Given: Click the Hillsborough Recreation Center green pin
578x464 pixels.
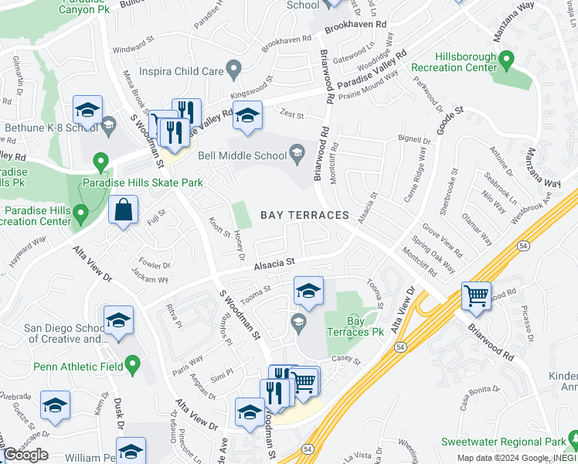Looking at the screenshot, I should click(x=506, y=59).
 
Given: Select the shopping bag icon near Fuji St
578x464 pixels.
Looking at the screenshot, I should click(x=124, y=210).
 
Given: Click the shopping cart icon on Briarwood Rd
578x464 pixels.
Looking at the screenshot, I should click(x=476, y=295).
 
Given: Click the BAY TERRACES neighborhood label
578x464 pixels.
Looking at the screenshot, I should click(x=304, y=214).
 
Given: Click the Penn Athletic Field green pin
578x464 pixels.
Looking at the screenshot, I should click(x=132, y=362).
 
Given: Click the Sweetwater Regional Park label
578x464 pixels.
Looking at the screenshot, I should click(x=502, y=442).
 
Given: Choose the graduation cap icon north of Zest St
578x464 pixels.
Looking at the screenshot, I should click(x=246, y=116).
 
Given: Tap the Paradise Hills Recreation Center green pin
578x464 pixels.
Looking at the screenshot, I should click(x=80, y=212).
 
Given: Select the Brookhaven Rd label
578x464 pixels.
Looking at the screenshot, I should click(x=355, y=25).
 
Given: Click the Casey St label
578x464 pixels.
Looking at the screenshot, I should click(x=345, y=360).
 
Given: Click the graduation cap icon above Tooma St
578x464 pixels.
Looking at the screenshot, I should click(x=308, y=292).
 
